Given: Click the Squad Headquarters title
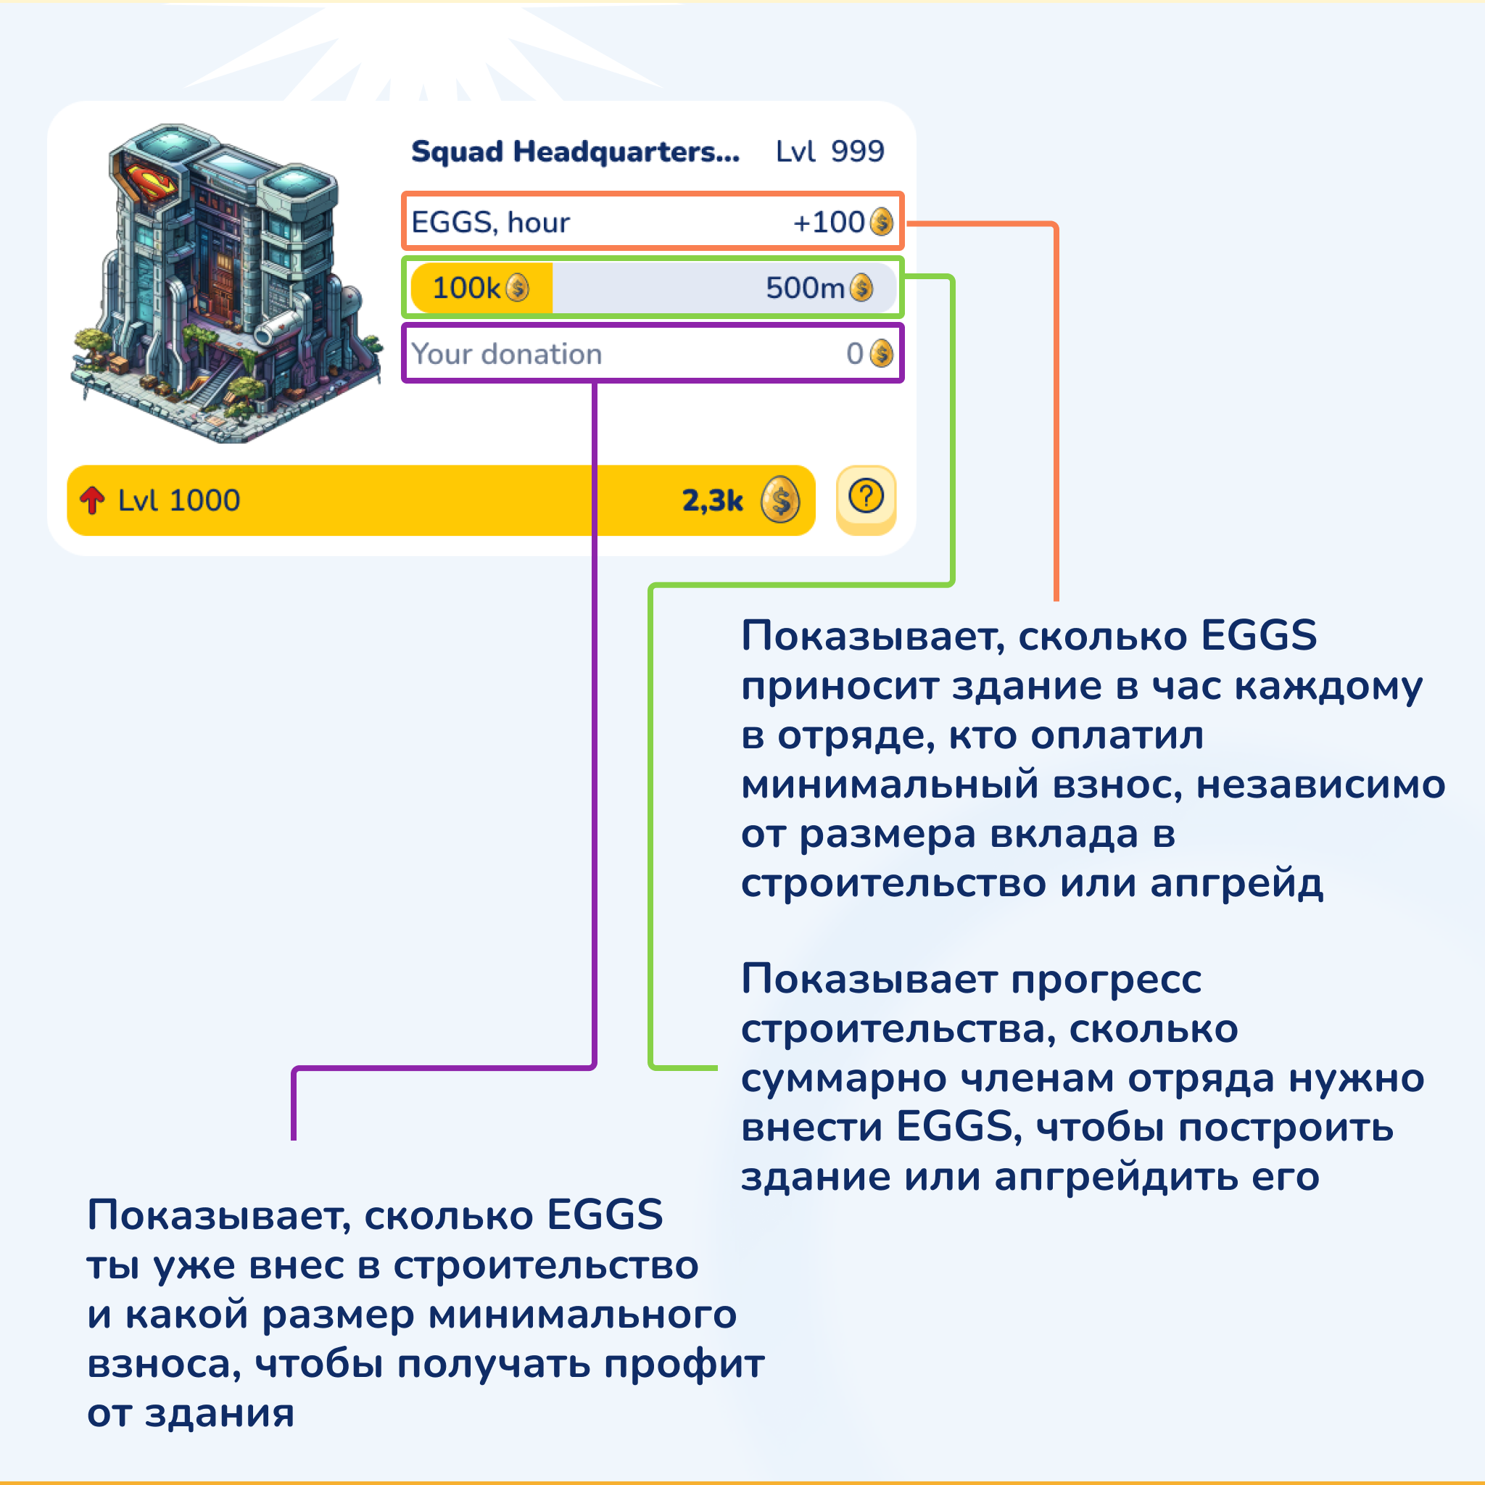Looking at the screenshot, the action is [575, 152].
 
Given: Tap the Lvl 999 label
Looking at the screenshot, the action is [830, 152].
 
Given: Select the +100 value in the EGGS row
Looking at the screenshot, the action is [829, 222].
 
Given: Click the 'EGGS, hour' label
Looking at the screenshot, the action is [490, 223].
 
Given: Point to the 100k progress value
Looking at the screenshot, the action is [466, 289].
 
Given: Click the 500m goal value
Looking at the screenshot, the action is [805, 289].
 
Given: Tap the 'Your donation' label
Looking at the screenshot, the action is [507, 355].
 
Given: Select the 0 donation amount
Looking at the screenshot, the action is [855, 355].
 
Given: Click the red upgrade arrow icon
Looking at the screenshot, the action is [92, 500].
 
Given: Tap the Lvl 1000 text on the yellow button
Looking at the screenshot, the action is [179, 500].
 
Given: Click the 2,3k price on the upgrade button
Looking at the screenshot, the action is [713, 501].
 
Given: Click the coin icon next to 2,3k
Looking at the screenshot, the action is [780, 500].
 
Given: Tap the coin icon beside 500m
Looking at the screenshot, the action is [861, 289].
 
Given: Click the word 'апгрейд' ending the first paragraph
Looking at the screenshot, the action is [1237, 884].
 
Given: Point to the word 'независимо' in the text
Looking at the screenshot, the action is [1320, 785].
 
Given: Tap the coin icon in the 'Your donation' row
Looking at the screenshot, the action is [881, 355].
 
